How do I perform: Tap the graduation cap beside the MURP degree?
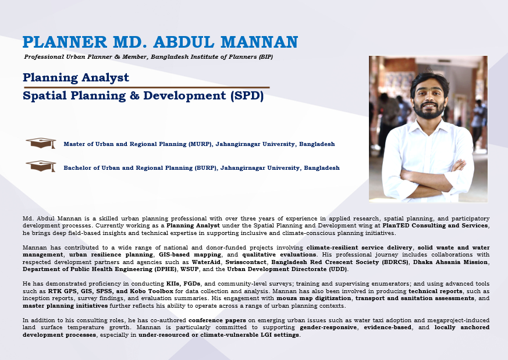coord(41,143)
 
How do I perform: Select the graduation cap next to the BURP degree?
coord(41,166)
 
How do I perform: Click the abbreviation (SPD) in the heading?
coord(247,96)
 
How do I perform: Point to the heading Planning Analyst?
coord(76,78)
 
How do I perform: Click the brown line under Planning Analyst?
coord(147,87)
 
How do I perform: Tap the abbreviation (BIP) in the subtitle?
coord(266,56)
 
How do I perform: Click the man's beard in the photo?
coord(429,111)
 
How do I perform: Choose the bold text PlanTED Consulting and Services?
coord(435,226)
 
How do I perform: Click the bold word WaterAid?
coord(206,262)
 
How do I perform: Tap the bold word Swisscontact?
coord(246,262)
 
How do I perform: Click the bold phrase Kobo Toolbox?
coord(152,291)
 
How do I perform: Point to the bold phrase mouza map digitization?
coord(314,298)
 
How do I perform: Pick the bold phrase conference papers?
coord(217,320)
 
